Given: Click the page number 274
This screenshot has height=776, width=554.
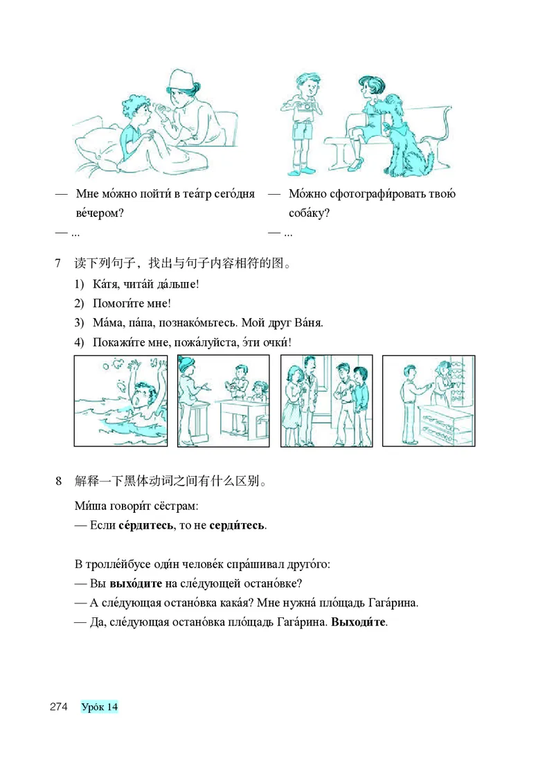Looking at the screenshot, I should tap(57, 707).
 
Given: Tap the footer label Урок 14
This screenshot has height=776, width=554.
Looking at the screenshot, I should tap(99, 707).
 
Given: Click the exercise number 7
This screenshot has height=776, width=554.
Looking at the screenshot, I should tap(57, 263).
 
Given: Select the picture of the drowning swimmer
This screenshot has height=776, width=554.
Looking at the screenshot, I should tap(120, 401).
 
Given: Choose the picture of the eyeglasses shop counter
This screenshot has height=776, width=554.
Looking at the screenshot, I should tap(429, 401).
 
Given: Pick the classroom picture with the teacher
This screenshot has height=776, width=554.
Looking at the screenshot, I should tap(223, 401).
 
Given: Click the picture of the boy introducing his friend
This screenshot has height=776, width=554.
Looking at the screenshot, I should tap(326, 401).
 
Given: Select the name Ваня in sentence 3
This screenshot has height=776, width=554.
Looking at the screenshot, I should tap(308, 323).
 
